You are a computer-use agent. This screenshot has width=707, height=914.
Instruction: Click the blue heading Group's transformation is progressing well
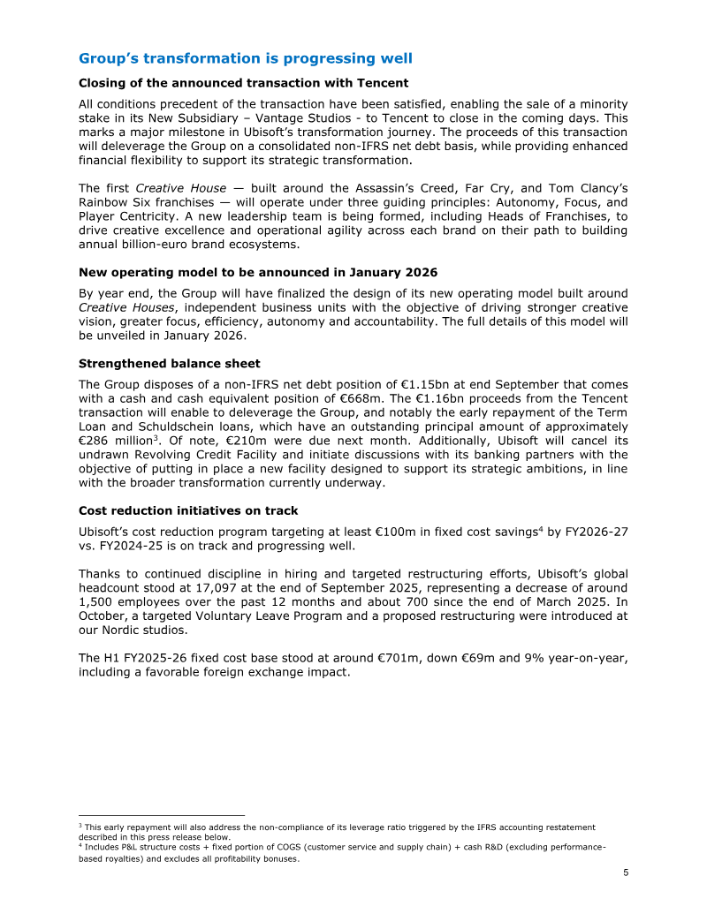point(245,58)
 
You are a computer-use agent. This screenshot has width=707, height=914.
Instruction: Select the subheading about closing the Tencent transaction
point(243,83)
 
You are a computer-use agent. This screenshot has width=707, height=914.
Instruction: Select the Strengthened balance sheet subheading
point(169,363)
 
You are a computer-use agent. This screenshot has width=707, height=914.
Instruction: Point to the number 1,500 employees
point(96,601)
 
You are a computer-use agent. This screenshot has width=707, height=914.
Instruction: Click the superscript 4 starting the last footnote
point(80,844)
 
